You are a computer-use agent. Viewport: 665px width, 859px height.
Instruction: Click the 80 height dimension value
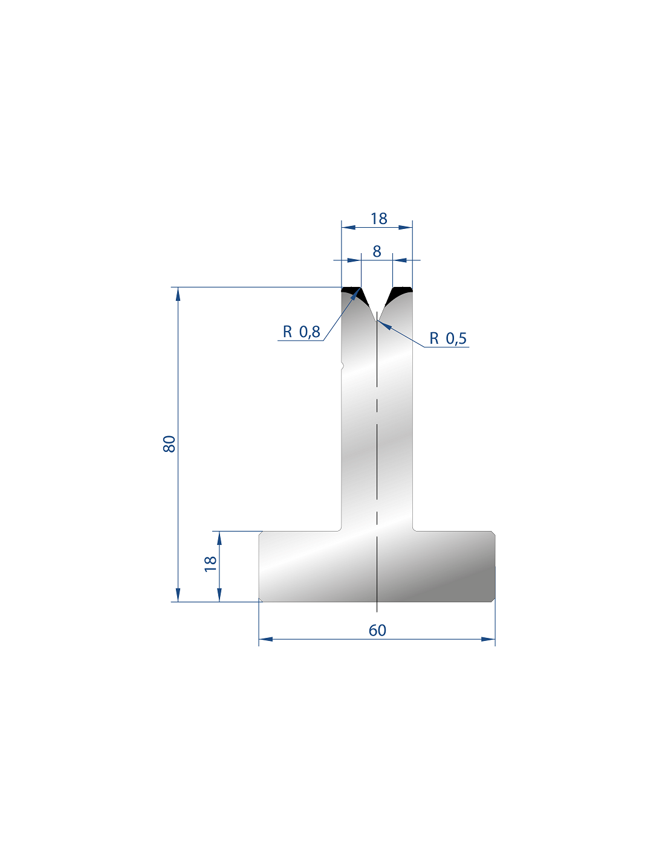[x=169, y=444]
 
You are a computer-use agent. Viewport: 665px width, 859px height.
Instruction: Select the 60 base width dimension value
[x=377, y=630]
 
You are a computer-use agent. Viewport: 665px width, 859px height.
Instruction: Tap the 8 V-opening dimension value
[x=377, y=251]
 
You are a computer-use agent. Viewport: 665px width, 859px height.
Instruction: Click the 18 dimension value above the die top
[x=378, y=219]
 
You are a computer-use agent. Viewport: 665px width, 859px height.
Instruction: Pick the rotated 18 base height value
[x=210, y=564]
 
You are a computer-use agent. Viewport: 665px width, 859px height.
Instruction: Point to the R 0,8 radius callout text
[x=302, y=332]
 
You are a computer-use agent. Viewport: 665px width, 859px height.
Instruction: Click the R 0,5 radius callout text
[x=448, y=338]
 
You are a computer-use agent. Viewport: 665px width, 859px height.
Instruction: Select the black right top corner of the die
[x=400, y=295]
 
